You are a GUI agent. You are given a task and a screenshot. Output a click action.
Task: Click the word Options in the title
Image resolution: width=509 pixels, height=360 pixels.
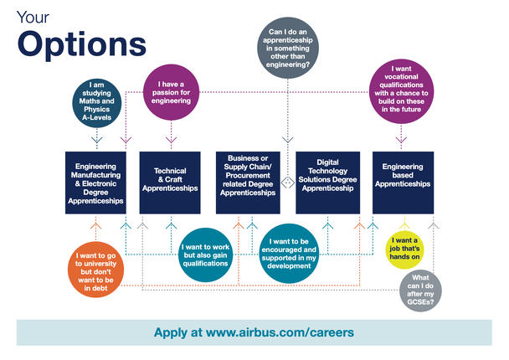[x=82, y=45]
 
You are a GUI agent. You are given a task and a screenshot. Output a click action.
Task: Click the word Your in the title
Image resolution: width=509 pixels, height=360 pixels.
[x=33, y=18]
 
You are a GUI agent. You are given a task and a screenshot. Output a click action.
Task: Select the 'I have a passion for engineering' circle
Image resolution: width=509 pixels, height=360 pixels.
[x=171, y=93]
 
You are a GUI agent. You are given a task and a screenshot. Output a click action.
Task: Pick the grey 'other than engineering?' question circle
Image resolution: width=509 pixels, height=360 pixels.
[x=288, y=48]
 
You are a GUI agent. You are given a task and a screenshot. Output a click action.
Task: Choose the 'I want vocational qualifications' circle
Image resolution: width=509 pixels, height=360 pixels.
[x=401, y=91]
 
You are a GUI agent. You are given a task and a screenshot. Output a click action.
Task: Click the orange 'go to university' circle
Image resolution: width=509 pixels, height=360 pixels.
[x=95, y=270]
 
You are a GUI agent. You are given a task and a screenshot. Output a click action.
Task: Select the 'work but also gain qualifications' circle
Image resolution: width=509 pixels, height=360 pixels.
[x=205, y=255]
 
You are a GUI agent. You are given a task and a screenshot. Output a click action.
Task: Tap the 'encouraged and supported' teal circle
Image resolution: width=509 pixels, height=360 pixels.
[x=289, y=254]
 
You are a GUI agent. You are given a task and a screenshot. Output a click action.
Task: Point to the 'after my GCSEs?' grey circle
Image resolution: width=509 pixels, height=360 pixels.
[x=420, y=291]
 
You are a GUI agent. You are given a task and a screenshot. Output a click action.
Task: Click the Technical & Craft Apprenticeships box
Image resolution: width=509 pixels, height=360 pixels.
[x=170, y=183]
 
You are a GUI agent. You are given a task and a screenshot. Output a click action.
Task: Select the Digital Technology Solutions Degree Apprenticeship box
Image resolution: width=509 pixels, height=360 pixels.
[x=328, y=183]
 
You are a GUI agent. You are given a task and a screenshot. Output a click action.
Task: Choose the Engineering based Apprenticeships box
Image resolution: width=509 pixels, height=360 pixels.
[x=403, y=183]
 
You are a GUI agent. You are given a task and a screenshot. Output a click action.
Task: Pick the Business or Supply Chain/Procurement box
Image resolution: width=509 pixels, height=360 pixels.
[x=248, y=183]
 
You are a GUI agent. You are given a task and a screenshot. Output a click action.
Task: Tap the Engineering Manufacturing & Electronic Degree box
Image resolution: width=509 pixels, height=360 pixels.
[x=95, y=183]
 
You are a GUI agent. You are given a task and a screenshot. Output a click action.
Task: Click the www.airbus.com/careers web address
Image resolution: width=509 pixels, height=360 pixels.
[x=280, y=332]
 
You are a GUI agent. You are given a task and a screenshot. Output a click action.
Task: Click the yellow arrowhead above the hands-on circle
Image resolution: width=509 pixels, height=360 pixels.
[x=404, y=226]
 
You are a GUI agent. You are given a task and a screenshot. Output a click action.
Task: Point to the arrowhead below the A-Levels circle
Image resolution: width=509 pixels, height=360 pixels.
[x=97, y=141]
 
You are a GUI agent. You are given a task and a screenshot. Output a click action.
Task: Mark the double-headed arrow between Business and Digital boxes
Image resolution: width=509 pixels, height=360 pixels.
[x=288, y=183]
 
